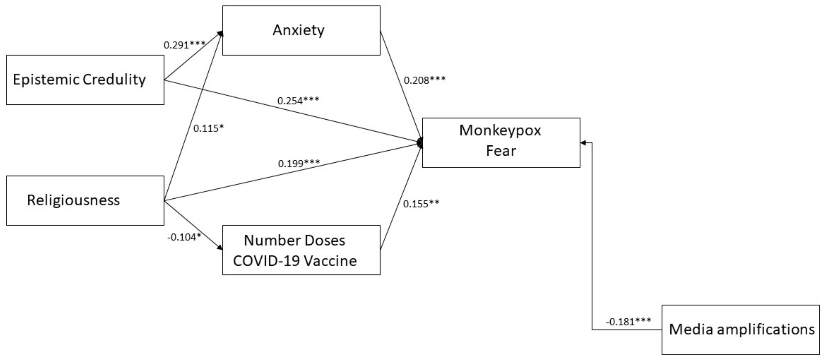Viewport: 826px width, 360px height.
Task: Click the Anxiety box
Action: pyautogui.click(x=301, y=30)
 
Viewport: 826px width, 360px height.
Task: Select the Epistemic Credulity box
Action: pyautogui.click(x=85, y=80)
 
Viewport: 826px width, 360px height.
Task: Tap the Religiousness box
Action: pyautogui.click(x=85, y=200)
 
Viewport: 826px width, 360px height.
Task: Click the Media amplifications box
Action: pyautogui.click(x=740, y=330)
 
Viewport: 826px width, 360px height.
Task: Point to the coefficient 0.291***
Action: pyautogui.click(x=184, y=45)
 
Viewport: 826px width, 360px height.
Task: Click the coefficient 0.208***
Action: pyautogui.click(x=424, y=80)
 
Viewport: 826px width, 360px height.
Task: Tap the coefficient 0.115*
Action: pyautogui.click(x=208, y=128)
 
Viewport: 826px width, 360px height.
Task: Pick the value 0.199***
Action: pyautogui.click(x=299, y=163)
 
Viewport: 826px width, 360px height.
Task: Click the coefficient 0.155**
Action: pyautogui.click(x=421, y=204)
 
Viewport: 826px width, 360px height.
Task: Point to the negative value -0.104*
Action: pyautogui.click(x=184, y=237)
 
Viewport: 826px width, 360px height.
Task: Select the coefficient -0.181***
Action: pyautogui.click(x=628, y=321)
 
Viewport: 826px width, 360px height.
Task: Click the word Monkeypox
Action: pyautogui.click(x=500, y=130)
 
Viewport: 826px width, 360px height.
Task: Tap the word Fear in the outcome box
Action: pyautogui.click(x=501, y=151)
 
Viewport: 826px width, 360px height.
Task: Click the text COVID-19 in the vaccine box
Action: pyautogui.click(x=266, y=261)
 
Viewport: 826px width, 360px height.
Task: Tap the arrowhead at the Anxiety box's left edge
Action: pyautogui.click(x=220, y=33)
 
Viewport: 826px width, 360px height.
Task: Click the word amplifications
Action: pyautogui.click(x=765, y=330)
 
